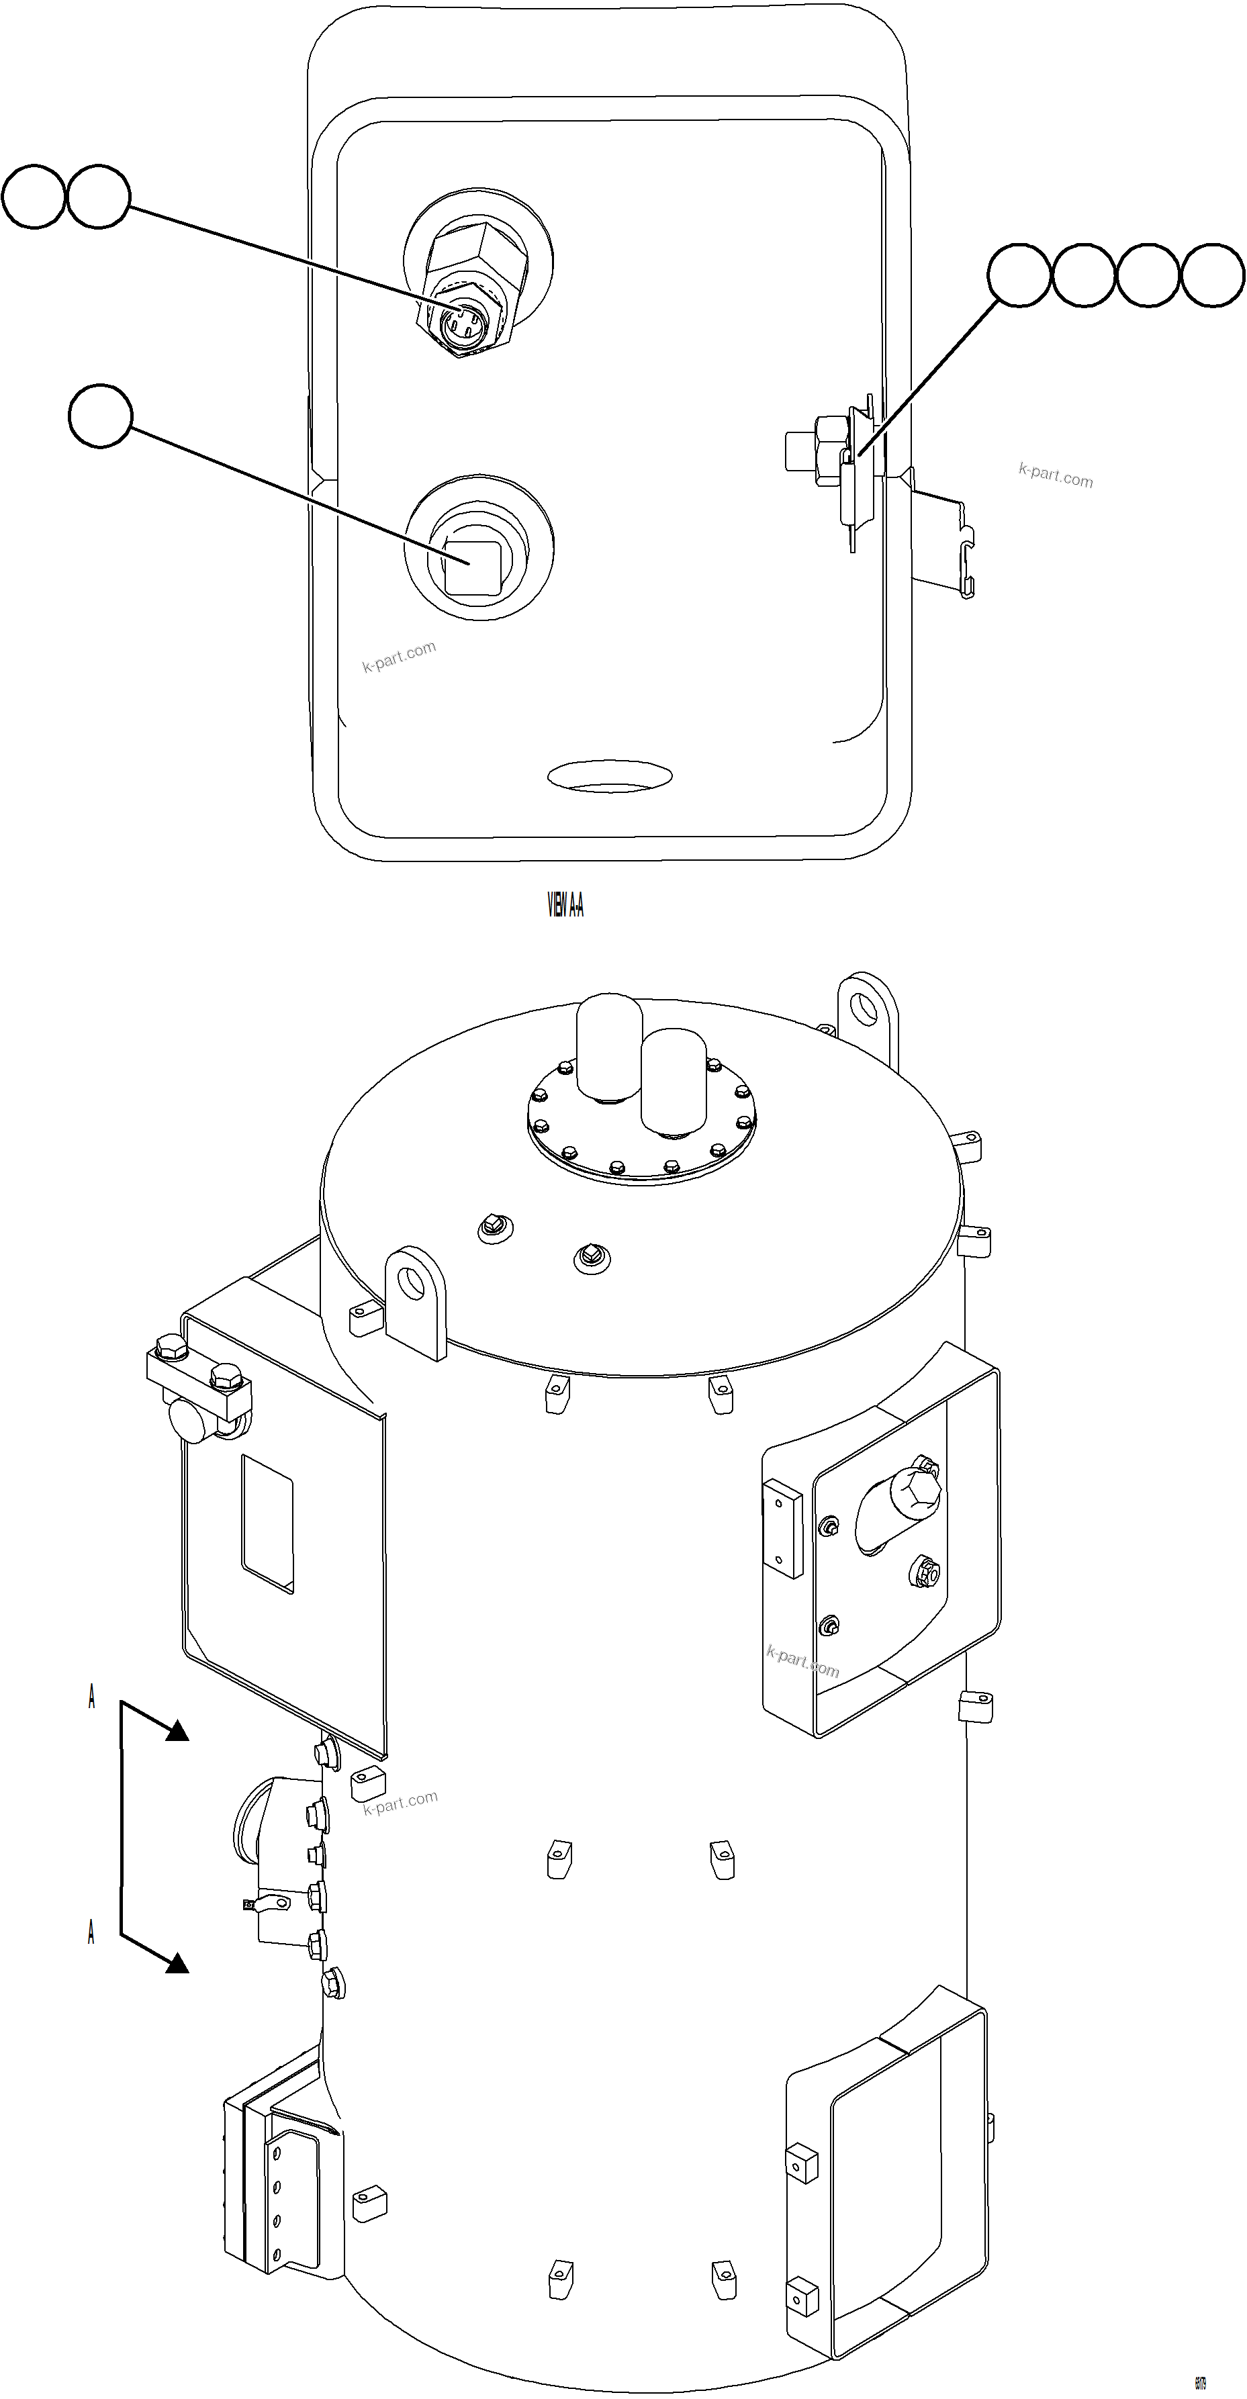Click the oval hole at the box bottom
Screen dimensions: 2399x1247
point(610,775)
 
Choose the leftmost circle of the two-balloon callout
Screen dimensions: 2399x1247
point(34,197)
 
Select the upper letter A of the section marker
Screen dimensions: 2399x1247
point(91,1697)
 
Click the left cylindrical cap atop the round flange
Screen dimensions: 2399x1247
point(609,1045)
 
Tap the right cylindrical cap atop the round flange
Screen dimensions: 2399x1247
point(674,1080)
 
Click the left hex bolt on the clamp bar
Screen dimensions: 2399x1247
point(171,1348)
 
